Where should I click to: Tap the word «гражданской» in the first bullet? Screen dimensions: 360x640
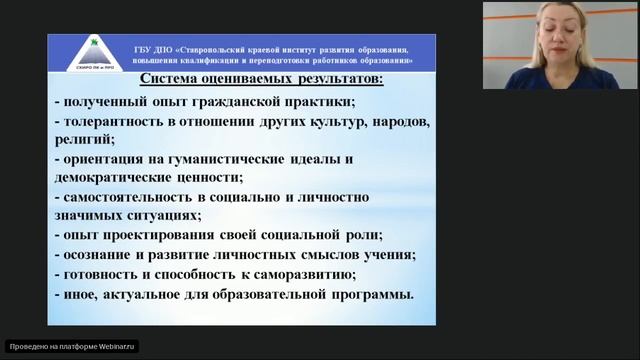(234, 103)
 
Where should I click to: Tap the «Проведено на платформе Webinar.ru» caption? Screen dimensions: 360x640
(71, 346)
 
